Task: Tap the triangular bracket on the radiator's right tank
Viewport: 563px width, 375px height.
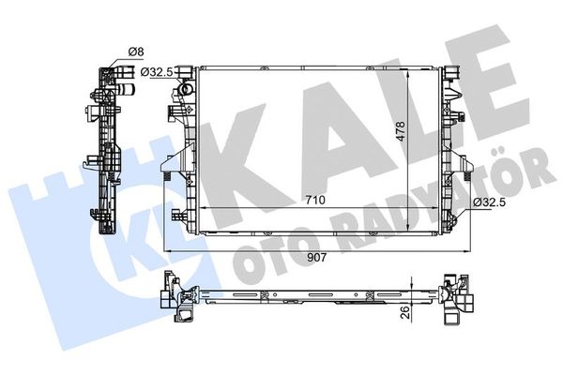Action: click(x=462, y=164)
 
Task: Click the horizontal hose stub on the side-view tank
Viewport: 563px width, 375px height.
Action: click(x=126, y=91)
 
